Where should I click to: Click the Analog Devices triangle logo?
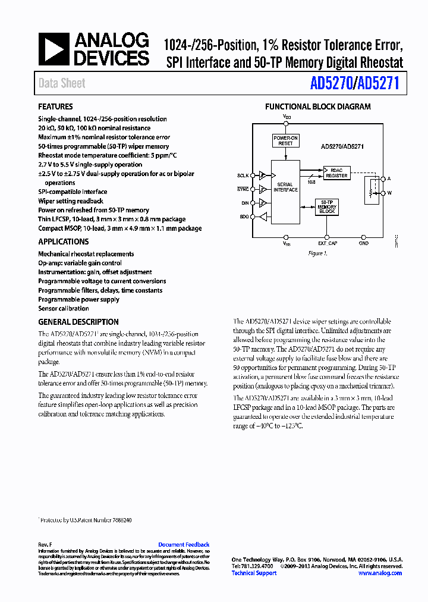pyautogui.click(x=55, y=49)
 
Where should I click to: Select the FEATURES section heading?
pyautogui.click(x=55, y=107)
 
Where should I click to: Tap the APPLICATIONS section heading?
pyautogui.click(x=64, y=242)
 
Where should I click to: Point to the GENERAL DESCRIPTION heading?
pyautogui.click(x=78, y=322)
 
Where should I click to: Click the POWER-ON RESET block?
pyautogui.click(x=285, y=141)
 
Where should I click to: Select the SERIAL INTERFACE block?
pyautogui.click(x=285, y=187)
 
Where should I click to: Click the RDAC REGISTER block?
pyautogui.click(x=336, y=172)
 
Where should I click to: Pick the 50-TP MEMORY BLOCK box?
pyautogui.click(x=327, y=206)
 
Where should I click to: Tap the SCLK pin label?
pyautogui.click(x=243, y=175)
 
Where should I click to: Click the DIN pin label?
pyautogui.click(x=244, y=203)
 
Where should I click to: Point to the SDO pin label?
pyautogui.click(x=244, y=217)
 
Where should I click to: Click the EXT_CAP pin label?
pyautogui.click(x=328, y=243)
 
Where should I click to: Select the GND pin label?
pyautogui.click(x=364, y=243)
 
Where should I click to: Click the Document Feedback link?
pyautogui.click(x=184, y=544)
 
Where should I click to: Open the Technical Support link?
pyautogui.click(x=254, y=573)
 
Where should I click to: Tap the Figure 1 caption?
pyautogui.click(x=317, y=253)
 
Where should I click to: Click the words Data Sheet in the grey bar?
pyautogui.click(x=62, y=83)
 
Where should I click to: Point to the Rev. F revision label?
pyautogui.click(x=45, y=544)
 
